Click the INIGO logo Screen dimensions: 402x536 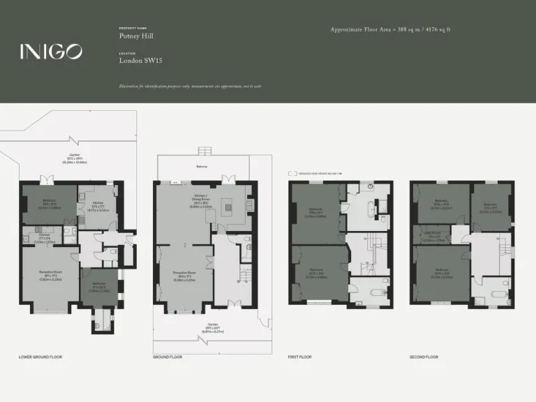point(51,51)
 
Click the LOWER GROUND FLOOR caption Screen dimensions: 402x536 point(40,357)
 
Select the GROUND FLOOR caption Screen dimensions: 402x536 point(167,357)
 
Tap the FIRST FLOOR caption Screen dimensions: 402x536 point(300,357)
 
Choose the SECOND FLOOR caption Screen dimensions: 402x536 point(424,357)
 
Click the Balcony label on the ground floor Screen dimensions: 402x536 point(202,167)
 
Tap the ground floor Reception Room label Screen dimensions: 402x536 point(184,277)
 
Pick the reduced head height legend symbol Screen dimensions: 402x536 point(292,172)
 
